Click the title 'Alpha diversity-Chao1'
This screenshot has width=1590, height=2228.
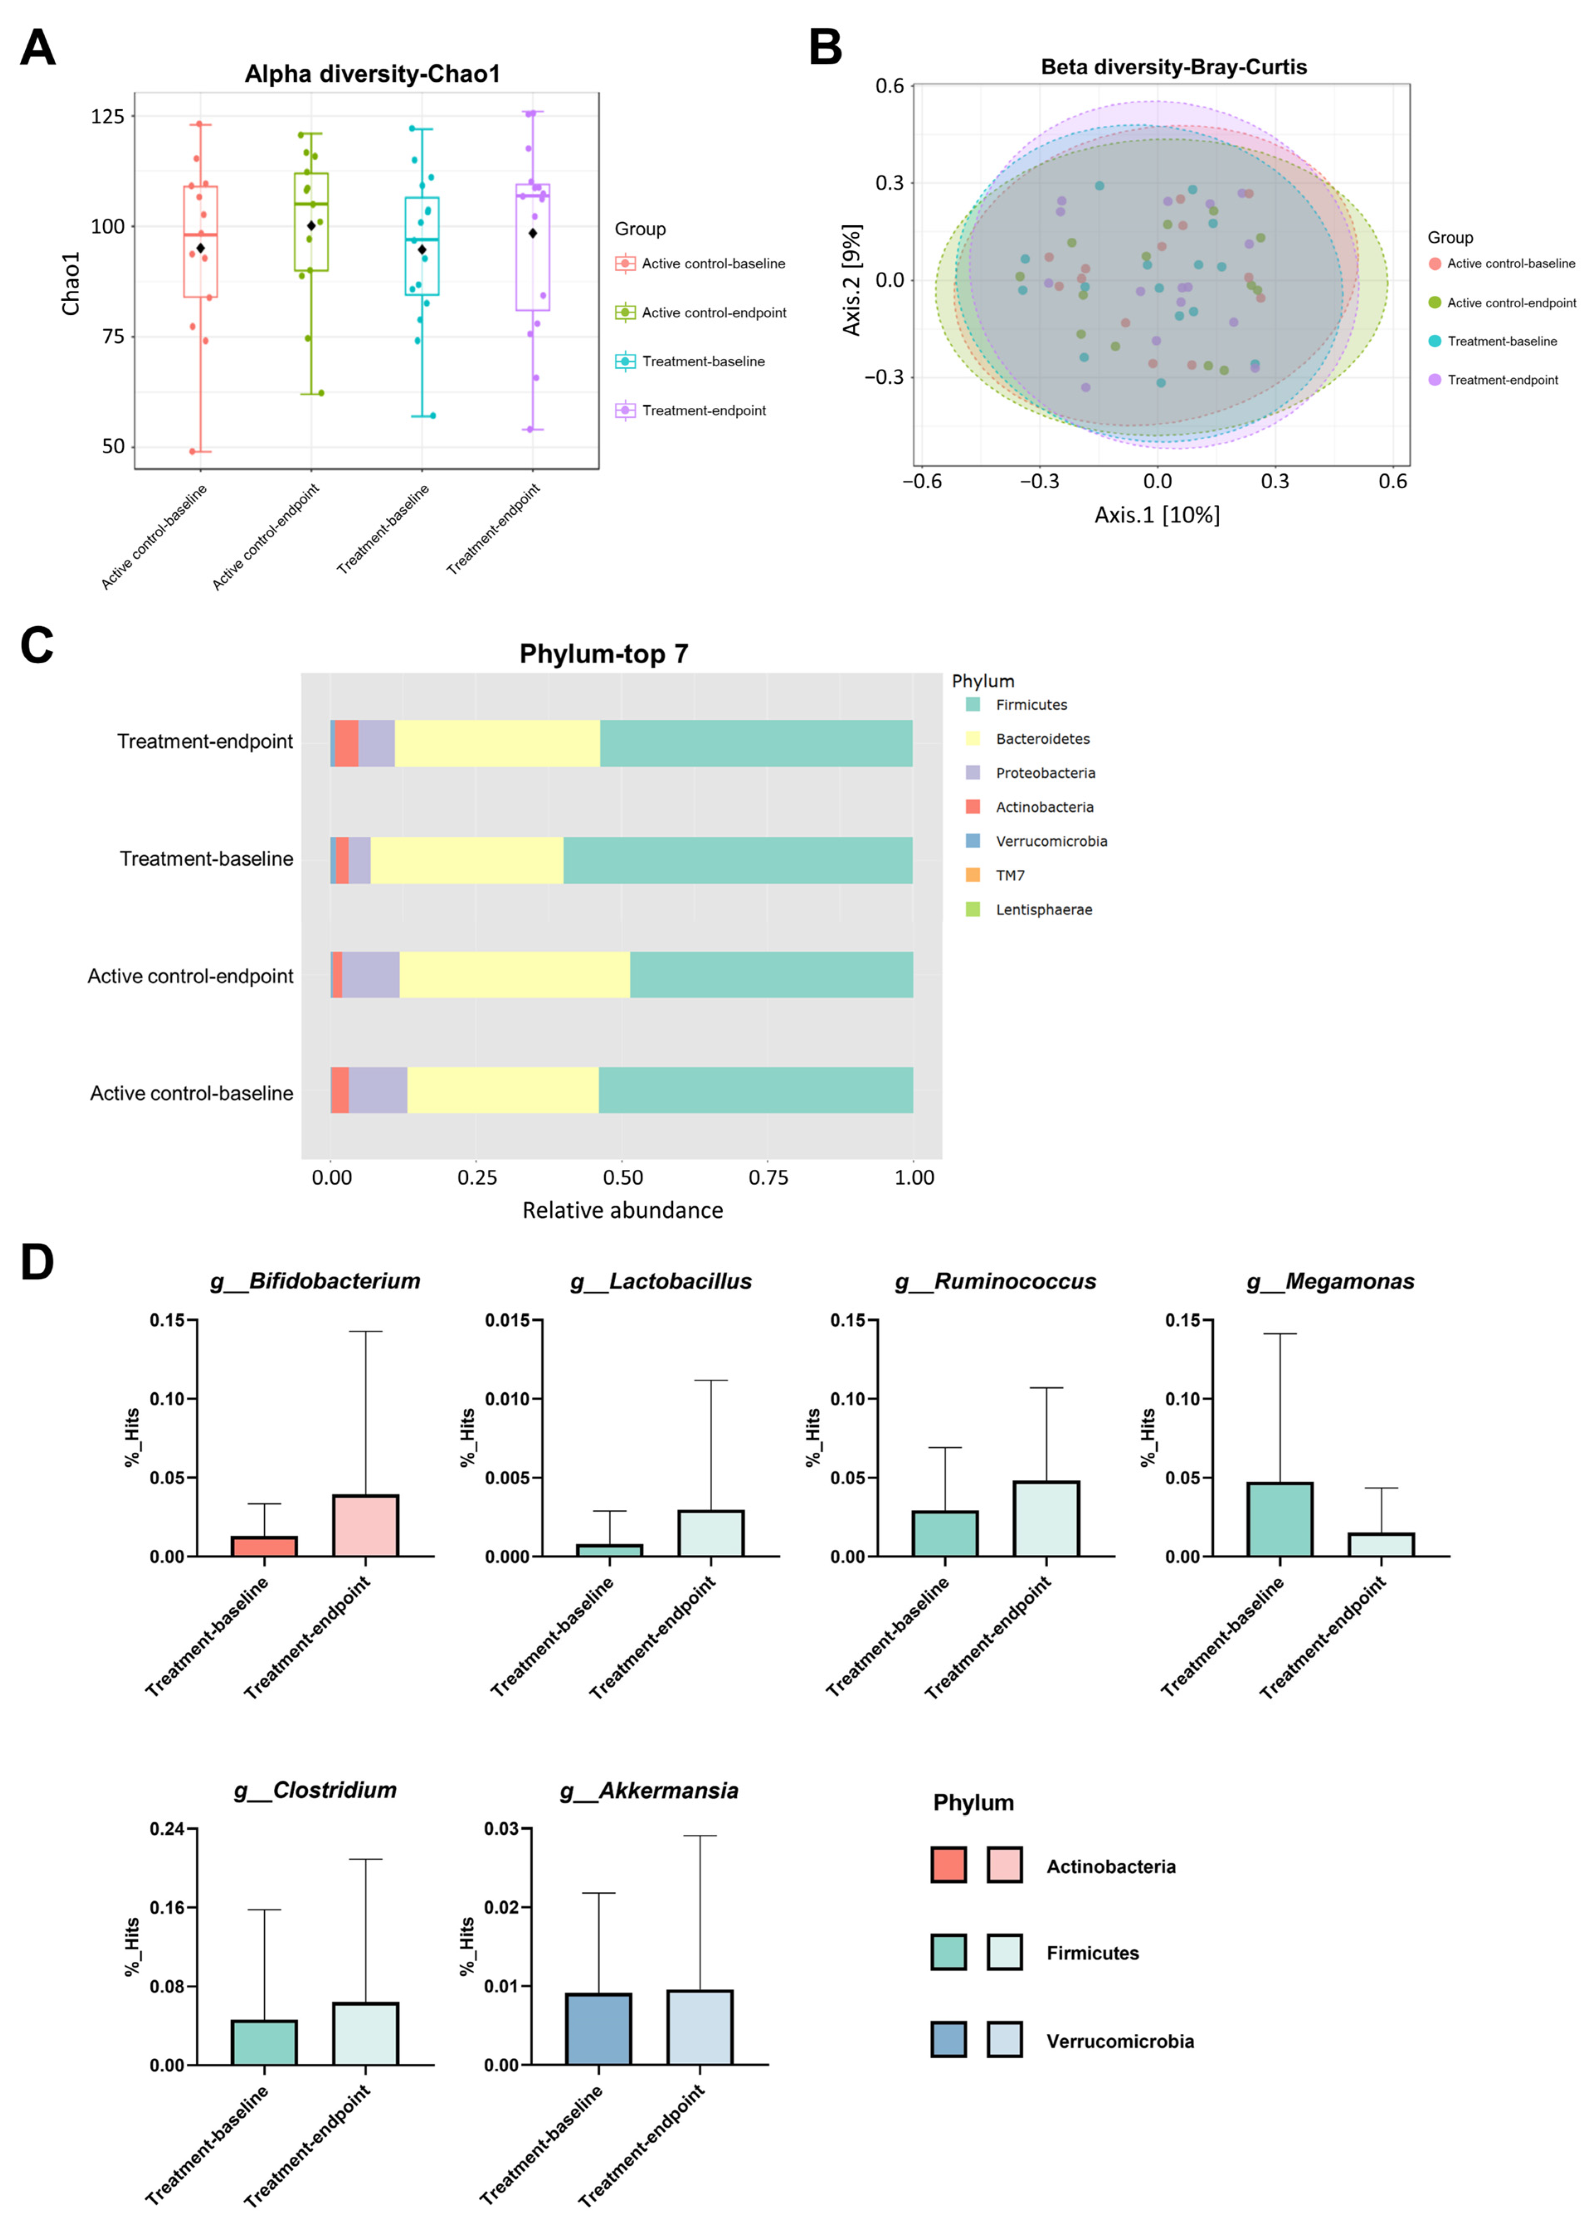pyautogui.click(x=372, y=74)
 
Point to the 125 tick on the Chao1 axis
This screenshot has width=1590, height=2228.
pyautogui.click(x=108, y=117)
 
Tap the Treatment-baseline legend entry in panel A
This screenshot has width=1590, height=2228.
pyautogui.click(x=703, y=361)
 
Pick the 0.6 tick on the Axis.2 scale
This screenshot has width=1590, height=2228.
pyautogui.click(x=890, y=86)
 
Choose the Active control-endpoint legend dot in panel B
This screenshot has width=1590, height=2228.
pyautogui.click(x=1434, y=302)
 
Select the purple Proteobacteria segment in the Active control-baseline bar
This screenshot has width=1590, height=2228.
pyautogui.click(x=378, y=1090)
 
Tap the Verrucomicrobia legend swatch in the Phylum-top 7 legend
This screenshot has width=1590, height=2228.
pyautogui.click(x=972, y=841)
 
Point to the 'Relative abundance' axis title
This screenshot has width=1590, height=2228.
pyautogui.click(x=623, y=1211)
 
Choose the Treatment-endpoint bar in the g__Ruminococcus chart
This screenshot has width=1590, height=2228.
pyautogui.click(x=1046, y=1518)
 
